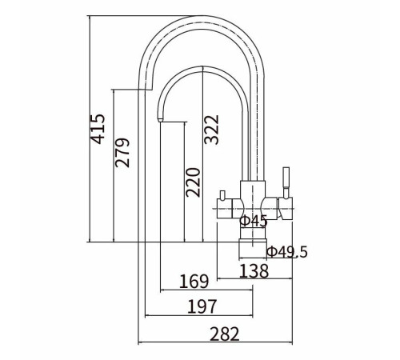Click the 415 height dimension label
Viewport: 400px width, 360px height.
(98, 129)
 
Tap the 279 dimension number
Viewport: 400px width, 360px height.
(122, 153)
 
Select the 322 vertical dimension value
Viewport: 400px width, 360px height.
(211, 130)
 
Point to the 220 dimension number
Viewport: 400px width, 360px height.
(193, 182)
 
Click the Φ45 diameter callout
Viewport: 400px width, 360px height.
(254, 221)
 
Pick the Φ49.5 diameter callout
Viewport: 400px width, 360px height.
(287, 252)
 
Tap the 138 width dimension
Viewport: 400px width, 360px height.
(254, 271)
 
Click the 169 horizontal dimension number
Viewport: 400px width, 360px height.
(194, 282)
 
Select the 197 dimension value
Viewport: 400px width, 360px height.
(202, 306)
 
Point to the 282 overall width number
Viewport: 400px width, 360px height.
(225, 334)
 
